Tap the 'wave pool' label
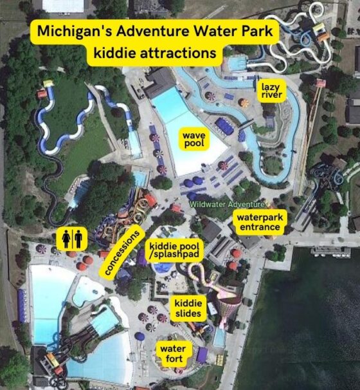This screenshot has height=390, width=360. click(194, 139)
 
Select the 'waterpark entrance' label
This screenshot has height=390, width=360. click(258, 222)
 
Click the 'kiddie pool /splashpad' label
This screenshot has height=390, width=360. click(174, 251)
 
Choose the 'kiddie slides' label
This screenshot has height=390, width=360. click(188, 308)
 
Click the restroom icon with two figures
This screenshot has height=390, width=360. click(71, 239)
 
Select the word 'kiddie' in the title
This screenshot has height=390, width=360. click(118, 52)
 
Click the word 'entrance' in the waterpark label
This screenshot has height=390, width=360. click(258, 227)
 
